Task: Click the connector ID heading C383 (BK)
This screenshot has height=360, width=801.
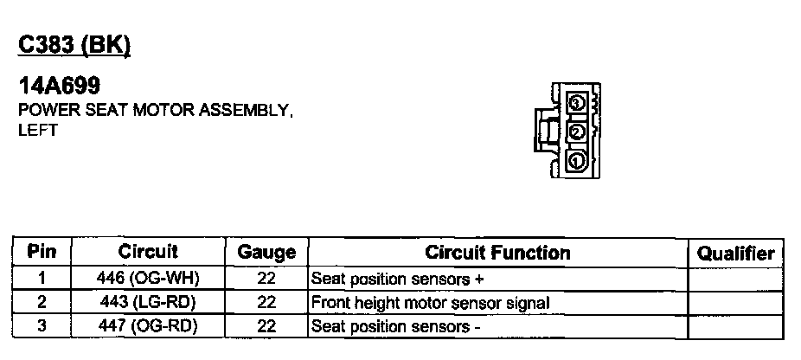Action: (x=74, y=45)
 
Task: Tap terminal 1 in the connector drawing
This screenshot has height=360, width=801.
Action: (x=577, y=161)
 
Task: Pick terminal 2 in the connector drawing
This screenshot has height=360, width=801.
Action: (x=577, y=132)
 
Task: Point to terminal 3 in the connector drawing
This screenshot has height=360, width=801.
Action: (x=577, y=103)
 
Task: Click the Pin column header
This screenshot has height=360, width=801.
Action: (x=42, y=253)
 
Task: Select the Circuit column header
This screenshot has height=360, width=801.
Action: (x=148, y=252)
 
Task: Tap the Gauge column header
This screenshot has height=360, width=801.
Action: (x=266, y=253)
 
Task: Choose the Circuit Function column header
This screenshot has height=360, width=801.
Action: (x=497, y=253)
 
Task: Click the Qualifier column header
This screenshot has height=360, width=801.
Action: (x=735, y=253)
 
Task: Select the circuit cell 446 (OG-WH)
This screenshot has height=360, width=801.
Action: (x=148, y=280)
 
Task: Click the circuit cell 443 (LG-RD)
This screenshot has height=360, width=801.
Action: (x=148, y=303)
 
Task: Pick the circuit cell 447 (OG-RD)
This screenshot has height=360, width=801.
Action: (x=148, y=326)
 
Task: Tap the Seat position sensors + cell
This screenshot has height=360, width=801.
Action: (x=398, y=280)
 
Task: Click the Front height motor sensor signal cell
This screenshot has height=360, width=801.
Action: (x=430, y=303)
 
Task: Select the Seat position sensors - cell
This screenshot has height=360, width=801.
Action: (x=395, y=326)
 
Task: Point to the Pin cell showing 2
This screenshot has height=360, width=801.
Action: (x=42, y=303)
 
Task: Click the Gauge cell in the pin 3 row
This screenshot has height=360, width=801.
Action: (x=266, y=326)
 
